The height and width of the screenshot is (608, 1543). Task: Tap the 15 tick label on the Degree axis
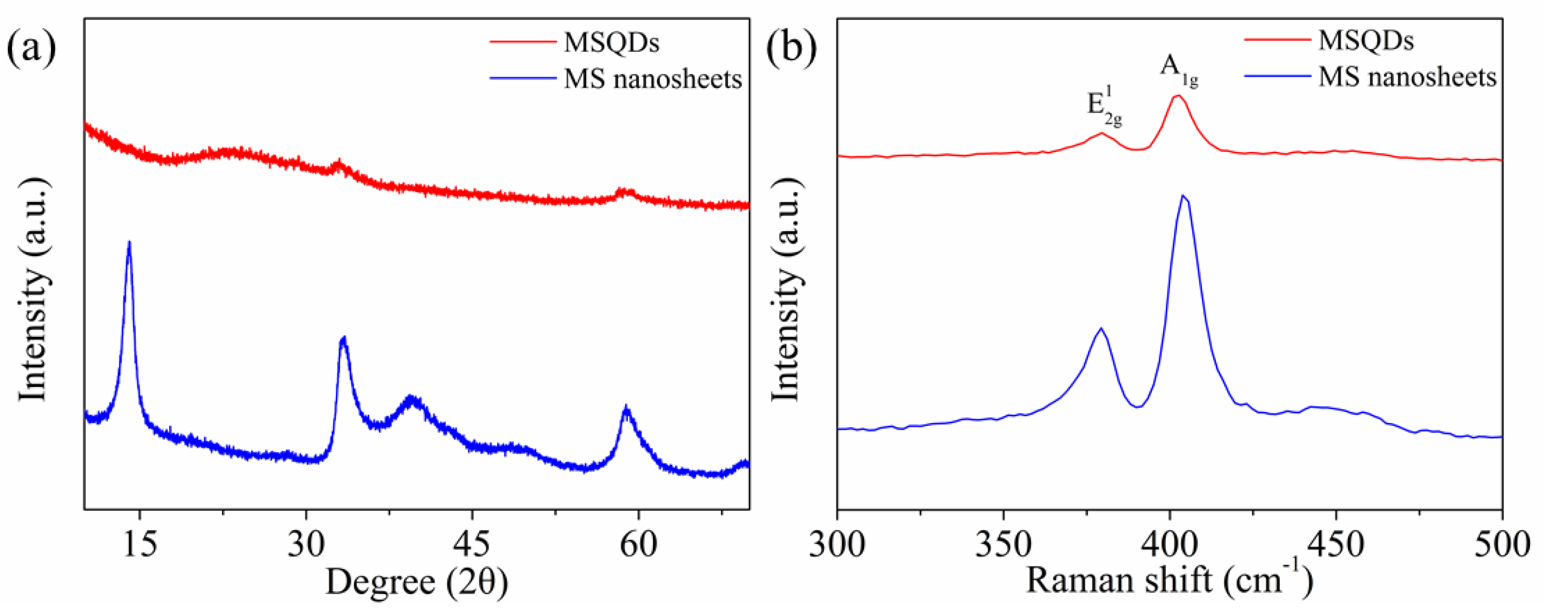click(x=140, y=546)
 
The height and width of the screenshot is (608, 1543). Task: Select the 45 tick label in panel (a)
click(x=472, y=546)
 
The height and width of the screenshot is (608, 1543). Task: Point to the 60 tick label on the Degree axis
click(x=638, y=546)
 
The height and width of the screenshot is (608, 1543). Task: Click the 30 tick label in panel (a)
click(x=306, y=546)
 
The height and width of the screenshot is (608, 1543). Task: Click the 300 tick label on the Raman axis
click(x=837, y=546)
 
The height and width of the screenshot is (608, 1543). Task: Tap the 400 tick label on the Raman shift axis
click(x=1169, y=546)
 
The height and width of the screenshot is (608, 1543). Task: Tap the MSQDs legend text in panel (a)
click(x=611, y=42)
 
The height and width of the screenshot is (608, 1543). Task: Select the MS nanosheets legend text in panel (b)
click(x=1407, y=77)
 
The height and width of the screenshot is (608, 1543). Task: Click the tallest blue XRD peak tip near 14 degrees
click(x=129, y=242)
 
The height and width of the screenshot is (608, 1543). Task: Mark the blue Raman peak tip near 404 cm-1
click(x=1183, y=196)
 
